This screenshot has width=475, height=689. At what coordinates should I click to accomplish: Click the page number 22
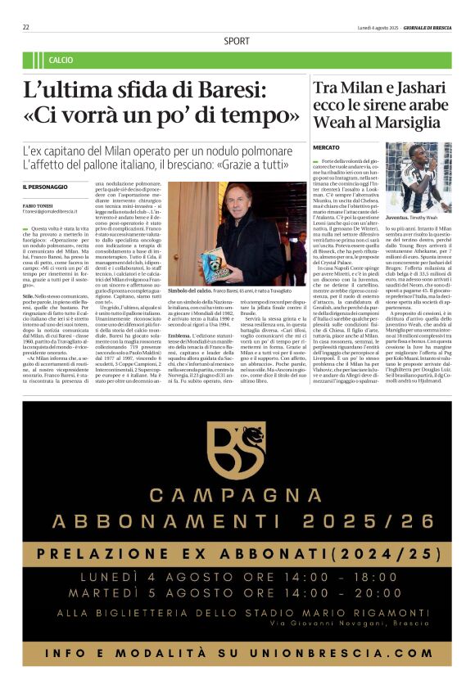(x=26, y=27)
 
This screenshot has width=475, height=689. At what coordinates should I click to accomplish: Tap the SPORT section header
(x=237, y=41)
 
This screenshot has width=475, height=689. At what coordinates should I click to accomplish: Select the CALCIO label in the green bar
(x=61, y=61)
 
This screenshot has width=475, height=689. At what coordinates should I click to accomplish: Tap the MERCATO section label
(x=327, y=147)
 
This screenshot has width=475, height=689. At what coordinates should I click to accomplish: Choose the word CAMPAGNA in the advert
(x=237, y=495)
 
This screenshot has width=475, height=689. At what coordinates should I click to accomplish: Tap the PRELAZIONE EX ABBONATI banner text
(x=237, y=553)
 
